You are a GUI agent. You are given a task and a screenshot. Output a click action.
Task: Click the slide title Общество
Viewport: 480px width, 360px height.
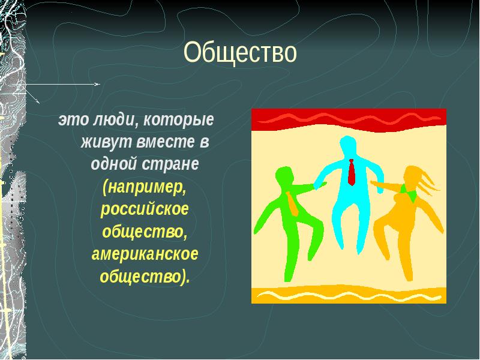[x=240, y=53]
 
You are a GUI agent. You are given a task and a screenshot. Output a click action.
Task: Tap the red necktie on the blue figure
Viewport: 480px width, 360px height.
[x=351, y=172]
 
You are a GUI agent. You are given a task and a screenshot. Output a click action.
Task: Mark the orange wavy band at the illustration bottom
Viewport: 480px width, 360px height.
[x=349, y=295]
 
